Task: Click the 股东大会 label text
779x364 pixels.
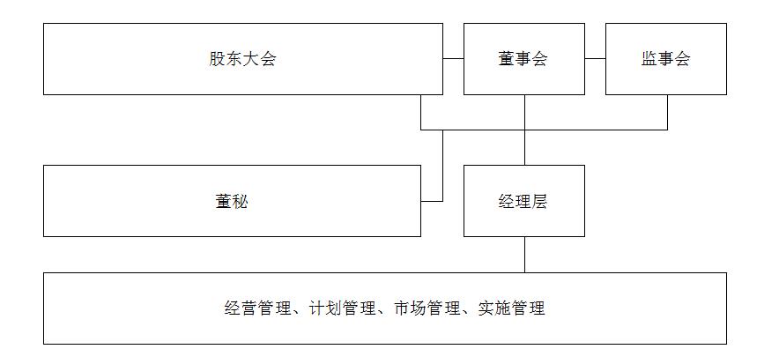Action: (242, 59)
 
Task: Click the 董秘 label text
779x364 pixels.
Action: (232, 201)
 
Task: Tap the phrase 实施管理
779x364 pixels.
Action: (512, 308)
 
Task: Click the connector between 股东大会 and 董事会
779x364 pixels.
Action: (453, 59)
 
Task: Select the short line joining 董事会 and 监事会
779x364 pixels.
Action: (595, 59)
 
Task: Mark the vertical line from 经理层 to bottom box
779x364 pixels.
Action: (524, 254)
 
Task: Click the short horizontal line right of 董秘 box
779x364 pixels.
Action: (432, 201)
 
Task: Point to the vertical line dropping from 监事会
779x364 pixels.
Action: (667, 112)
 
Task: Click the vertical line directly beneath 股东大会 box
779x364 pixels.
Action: (421, 112)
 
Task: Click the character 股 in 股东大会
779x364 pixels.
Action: (217, 59)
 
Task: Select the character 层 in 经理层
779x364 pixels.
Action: (539, 201)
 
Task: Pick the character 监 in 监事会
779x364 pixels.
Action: (649, 59)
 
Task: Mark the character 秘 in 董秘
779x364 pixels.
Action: (241, 201)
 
